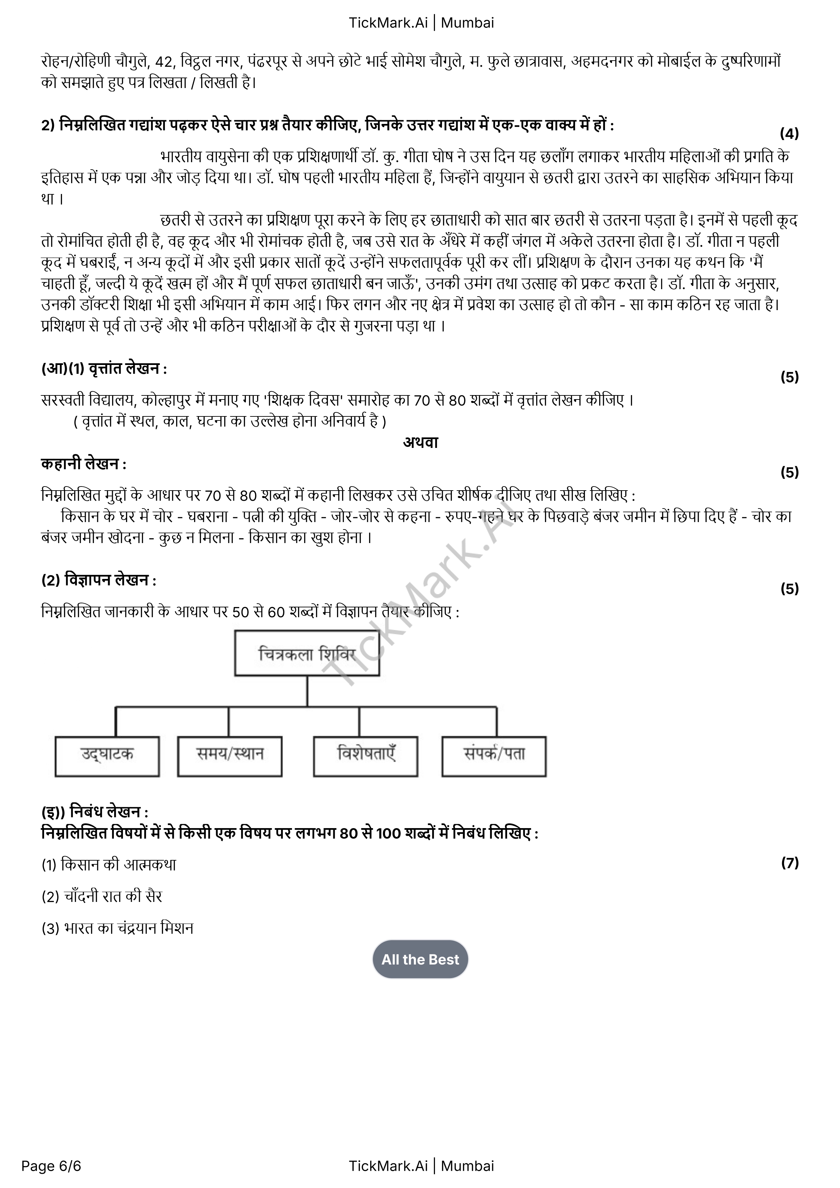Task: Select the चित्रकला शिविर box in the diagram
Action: [x=307, y=653]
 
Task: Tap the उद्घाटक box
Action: [x=107, y=756]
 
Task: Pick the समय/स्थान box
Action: [x=230, y=756]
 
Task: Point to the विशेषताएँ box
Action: [x=365, y=756]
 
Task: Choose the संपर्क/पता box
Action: [x=494, y=756]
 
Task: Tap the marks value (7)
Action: [x=789, y=863]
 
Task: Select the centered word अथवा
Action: [x=420, y=442]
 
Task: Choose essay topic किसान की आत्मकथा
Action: [x=118, y=865]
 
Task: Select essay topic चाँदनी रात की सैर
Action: [x=113, y=896]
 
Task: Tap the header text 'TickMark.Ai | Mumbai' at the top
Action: [x=421, y=23]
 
